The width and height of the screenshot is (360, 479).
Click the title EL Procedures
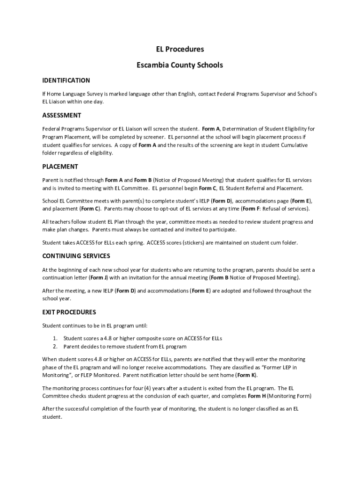pos(180,49)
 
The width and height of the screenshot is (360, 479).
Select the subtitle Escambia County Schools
pos(180,65)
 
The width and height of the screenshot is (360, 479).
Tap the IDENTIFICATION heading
pos(66,80)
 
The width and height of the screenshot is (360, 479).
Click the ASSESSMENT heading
pos(62,115)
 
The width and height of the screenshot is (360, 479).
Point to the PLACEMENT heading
pos(60,167)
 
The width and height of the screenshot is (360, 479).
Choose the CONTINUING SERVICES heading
pos(76,256)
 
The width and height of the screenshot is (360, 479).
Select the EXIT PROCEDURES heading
pos(69,312)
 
